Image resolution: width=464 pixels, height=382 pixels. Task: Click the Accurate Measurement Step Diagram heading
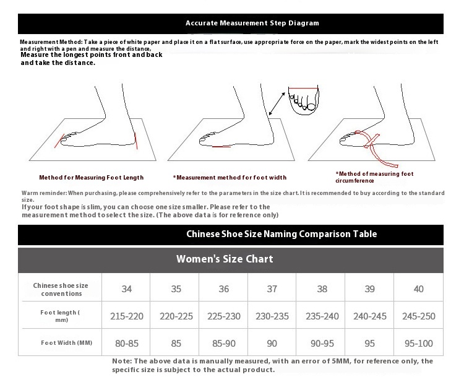252,23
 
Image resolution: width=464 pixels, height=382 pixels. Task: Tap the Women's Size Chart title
225,259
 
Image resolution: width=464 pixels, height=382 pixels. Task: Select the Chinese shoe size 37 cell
272,289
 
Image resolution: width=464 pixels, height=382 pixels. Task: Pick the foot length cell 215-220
127,316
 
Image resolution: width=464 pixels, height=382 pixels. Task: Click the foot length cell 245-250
418,316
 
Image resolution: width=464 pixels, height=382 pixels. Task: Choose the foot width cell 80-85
127,344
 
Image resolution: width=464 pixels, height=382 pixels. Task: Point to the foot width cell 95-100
418,344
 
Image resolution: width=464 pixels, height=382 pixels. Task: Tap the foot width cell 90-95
322,344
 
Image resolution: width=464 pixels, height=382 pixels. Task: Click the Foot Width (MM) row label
67,343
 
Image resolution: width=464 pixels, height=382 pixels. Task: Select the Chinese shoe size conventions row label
61,289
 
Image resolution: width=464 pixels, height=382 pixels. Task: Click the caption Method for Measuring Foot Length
92,177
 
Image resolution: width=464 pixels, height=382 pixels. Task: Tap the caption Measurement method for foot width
230,177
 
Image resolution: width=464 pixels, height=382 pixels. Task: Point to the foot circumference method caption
374,177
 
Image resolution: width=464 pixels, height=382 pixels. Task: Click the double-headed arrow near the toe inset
277,103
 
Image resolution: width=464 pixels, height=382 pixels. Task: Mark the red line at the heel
136,141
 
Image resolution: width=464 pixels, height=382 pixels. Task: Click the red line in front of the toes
59,141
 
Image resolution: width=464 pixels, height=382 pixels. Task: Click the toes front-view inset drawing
304,100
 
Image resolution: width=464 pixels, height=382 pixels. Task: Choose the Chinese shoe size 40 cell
418,289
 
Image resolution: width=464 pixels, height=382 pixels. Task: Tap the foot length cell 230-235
272,316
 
